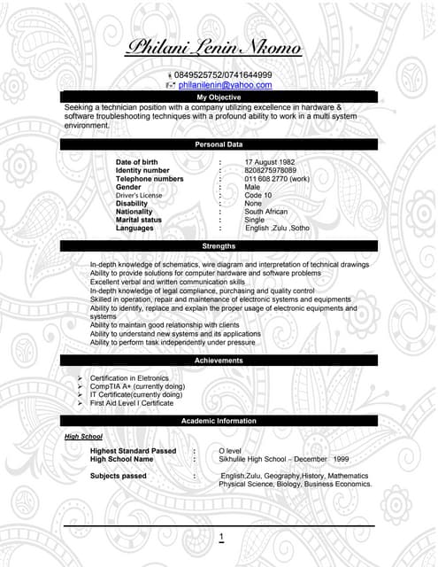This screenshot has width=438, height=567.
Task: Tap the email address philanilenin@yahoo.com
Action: [225, 85]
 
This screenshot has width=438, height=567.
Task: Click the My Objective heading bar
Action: [219, 97]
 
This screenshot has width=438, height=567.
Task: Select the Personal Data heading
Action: [219, 144]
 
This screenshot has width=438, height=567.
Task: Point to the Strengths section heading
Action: [219, 245]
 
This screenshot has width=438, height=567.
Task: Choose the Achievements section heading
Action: [219, 361]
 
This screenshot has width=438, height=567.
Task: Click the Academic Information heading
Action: [219, 421]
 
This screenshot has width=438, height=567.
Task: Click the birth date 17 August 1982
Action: [270, 162]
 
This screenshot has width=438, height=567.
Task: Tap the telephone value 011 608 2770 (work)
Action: [277, 179]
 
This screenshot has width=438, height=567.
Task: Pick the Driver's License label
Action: [139, 195]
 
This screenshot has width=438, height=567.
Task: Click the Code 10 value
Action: [258, 195]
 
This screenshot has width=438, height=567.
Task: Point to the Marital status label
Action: [139, 220]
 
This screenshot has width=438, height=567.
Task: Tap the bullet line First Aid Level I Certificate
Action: [132, 403]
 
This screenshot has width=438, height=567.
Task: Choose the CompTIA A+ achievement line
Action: [137, 386]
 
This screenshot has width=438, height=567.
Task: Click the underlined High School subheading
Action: [84, 437]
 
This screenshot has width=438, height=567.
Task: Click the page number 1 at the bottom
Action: [221, 537]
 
